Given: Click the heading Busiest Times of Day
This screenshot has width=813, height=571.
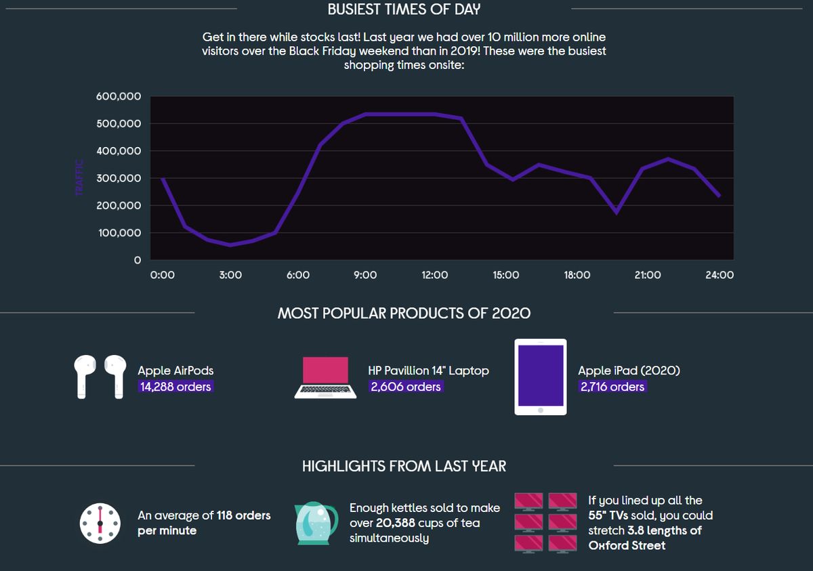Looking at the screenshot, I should coord(404,9).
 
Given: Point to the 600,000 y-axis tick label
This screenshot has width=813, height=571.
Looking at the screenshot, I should coord(119,97).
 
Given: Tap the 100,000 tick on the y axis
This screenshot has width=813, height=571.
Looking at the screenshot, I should coord(119,233).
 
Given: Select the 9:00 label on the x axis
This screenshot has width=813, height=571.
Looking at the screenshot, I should coord(365,275).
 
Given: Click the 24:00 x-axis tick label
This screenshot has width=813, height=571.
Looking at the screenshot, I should coord(719,275).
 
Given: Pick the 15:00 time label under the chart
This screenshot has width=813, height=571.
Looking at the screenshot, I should coord(505,275).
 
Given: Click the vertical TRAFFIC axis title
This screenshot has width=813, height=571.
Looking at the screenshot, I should coord(79,177).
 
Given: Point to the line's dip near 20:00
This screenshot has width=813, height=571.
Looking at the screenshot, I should coord(616,212).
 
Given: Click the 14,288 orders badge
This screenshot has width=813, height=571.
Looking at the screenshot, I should coord(175,387).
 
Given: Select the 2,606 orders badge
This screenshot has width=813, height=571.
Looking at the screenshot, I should coord(406,387).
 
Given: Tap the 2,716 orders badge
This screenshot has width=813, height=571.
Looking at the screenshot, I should coord(612,387).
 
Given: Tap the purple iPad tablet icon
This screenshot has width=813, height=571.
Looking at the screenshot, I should coord(540,377).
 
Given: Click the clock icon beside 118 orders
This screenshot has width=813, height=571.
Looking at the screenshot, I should coord(100,523).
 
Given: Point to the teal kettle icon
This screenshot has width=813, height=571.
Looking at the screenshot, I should coord(316,524).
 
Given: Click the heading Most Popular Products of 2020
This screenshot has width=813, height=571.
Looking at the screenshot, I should coord(404,314).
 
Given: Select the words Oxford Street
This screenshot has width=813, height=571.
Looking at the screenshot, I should coord(627,545).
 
